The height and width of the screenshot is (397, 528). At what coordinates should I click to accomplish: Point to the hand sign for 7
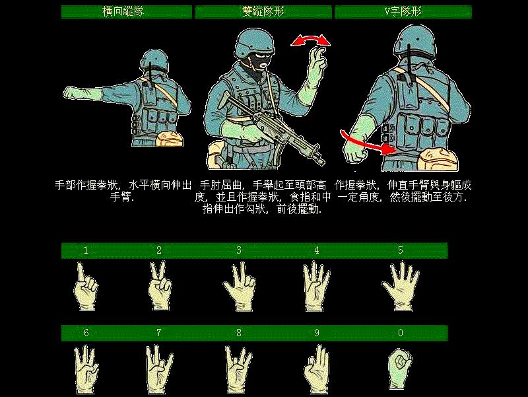point(158,369)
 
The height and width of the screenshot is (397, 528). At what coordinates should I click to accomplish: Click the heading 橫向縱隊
point(126,12)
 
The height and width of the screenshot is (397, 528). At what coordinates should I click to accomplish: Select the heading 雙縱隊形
point(263,12)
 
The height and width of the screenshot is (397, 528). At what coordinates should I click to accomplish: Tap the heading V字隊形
point(403,12)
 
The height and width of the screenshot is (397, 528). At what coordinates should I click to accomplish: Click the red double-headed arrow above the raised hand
point(310,41)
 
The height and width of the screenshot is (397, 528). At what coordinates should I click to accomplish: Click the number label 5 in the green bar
point(400,250)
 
